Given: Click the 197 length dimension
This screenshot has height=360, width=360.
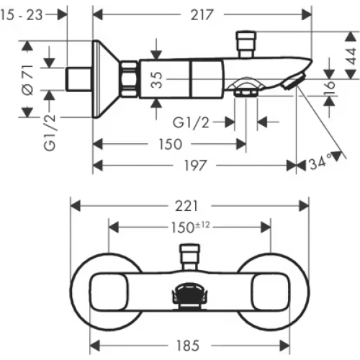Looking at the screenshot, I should [x=192, y=165].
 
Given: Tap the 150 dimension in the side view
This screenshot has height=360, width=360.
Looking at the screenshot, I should [x=170, y=144].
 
